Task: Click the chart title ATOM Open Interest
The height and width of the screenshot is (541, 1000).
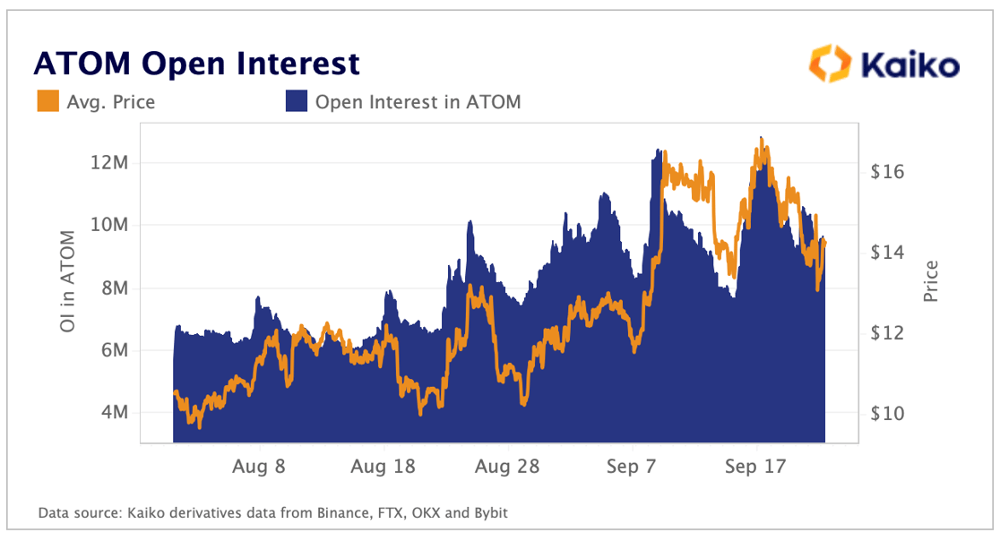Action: pyautogui.click(x=196, y=64)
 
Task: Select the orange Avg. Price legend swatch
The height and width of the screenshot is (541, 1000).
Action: pyautogui.click(x=47, y=102)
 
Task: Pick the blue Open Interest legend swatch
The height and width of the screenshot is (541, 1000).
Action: pyautogui.click(x=296, y=102)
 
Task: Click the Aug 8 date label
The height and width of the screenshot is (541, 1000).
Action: pyautogui.click(x=260, y=467)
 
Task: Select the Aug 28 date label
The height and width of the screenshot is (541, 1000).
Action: pyautogui.click(x=507, y=467)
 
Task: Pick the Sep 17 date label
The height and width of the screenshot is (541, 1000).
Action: pyautogui.click(x=755, y=467)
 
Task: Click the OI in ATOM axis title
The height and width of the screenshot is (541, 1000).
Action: pyautogui.click(x=67, y=281)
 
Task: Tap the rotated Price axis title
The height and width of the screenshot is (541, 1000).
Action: pyautogui.click(x=932, y=280)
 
